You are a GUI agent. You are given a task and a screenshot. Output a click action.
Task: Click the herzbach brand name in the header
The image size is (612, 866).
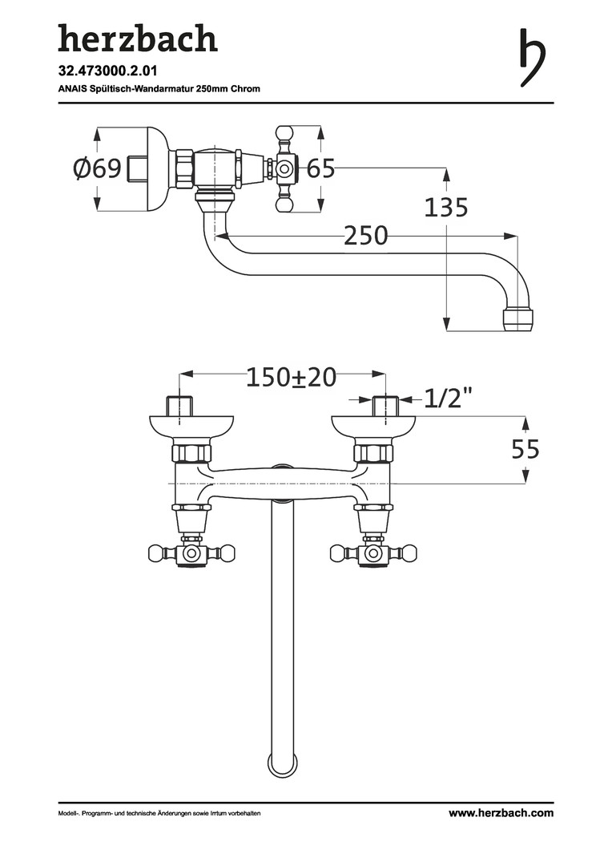[137, 38]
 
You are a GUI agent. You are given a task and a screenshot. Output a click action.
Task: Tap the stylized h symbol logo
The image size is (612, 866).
[532, 57]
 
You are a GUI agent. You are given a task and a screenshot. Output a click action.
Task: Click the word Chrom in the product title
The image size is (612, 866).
[245, 88]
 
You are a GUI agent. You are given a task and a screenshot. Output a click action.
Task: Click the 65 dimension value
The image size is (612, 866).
[320, 168]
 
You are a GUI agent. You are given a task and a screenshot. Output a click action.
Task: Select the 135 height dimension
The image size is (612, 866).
[445, 208]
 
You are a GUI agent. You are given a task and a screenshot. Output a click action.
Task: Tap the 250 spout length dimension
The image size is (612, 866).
[365, 236]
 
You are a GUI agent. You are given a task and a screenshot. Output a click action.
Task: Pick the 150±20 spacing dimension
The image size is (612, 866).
[290, 377]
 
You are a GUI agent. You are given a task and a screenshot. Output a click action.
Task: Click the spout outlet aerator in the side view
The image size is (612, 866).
[519, 319]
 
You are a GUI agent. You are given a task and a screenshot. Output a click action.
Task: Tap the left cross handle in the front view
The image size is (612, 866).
[192, 552]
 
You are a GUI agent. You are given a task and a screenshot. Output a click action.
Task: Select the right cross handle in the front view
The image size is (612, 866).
[373, 552]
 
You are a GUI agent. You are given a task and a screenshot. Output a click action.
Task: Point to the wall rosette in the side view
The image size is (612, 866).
[157, 168]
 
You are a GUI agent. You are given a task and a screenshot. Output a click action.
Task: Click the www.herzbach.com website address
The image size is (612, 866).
[501, 813]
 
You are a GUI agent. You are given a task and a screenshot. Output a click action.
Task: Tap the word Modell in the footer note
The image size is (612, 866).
[67, 814]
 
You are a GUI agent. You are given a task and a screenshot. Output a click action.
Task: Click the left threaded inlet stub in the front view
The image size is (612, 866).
[179, 406]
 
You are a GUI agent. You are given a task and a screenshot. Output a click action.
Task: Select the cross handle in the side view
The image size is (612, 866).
[286, 168]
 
